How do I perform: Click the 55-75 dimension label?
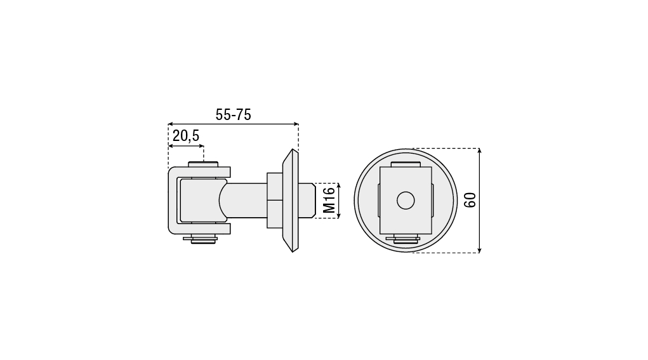tap(233, 114)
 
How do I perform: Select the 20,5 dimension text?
tap(186, 136)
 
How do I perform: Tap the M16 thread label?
tap(329, 201)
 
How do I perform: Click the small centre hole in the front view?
tap(406, 201)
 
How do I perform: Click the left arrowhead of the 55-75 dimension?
tap(171, 124)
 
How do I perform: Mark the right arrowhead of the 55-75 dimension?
tap(296, 124)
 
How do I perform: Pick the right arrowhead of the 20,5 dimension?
tap(201, 146)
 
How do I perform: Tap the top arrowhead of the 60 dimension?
tap(479, 151)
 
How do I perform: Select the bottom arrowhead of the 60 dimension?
tap(479, 250)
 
